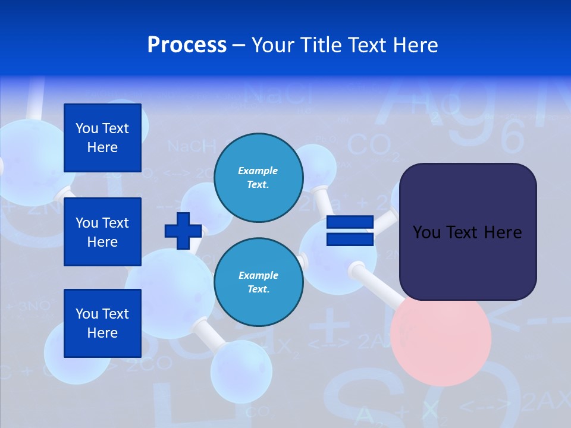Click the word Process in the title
[x=187, y=45]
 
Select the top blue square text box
[x=102, y=138]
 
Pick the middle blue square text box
[x=102, y=232]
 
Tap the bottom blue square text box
[x=102, y=323]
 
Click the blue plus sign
[x=183, y=231]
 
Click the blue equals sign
[x=350, y=231]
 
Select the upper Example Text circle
[x=258, y=177]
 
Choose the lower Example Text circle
[x=258, y=282]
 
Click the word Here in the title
[x=416, y=45]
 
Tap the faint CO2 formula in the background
[x=369, y=146]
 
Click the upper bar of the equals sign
[x=350, y=223]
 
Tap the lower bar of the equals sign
[x=350, y=239]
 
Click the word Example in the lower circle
[x=258, y=275]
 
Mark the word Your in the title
[x=271, y=45]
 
